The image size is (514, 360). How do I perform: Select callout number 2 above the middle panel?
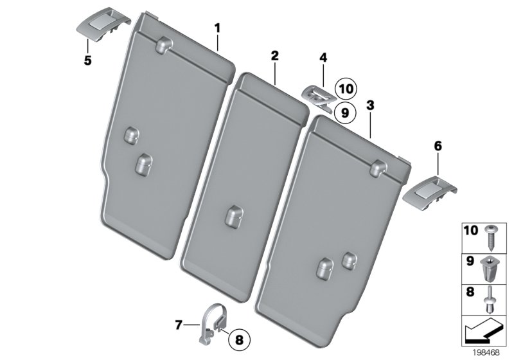coord(274,56)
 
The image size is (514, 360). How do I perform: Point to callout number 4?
coord(323,59)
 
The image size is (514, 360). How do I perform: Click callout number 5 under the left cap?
coord(87,61)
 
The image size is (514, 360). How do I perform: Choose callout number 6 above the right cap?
coord(438,147)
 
